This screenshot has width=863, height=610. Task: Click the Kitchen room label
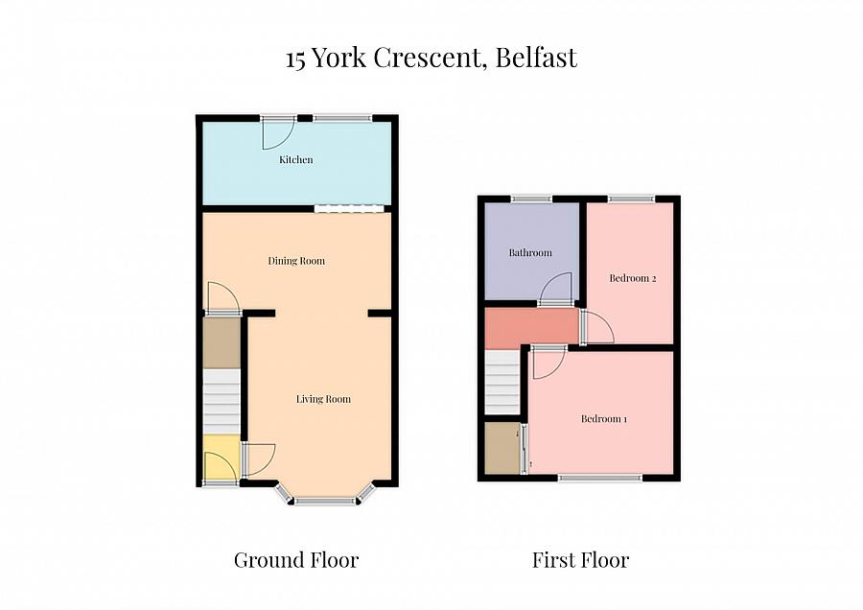(296, 160)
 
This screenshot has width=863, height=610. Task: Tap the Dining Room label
(296, 261)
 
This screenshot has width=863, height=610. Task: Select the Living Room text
(323, 399)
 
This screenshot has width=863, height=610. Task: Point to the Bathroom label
(530, 253)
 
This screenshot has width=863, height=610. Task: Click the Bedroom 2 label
(633, 279)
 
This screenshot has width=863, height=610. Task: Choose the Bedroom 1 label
(604, 419)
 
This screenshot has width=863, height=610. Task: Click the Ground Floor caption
(296, 560)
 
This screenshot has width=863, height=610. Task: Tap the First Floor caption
(581, 560)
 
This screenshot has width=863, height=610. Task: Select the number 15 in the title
(296, 59)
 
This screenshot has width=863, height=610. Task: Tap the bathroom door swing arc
(557, 288)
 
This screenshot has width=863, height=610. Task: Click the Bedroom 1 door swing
(547, 363)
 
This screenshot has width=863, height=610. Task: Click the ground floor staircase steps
(220, 403)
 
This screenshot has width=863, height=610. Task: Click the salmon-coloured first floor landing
(530, 327)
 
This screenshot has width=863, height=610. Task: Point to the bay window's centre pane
(324, 501)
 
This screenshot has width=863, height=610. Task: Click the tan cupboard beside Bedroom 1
(501, 448)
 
